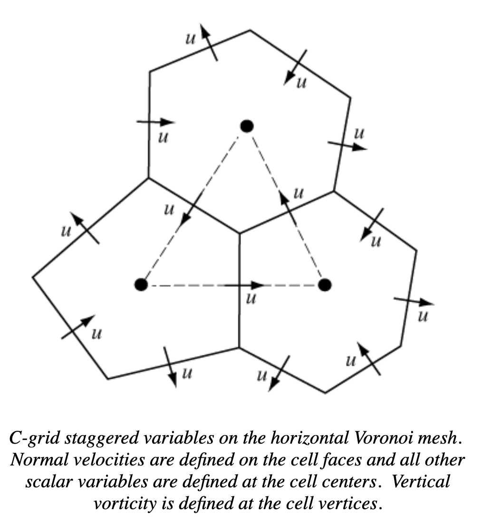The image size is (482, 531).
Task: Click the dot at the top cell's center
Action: click(247, 126)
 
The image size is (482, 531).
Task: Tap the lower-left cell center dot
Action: click(141, 285)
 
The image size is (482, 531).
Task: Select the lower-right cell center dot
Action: click(325, 285)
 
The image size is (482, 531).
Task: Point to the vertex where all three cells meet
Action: click(240, 233)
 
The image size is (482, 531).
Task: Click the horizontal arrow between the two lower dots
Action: click(244, 285)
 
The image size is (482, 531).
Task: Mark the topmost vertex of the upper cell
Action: click(250, 30)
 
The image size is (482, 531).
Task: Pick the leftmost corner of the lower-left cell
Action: click(33, 277)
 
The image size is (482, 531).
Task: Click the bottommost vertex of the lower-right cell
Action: click(325, 393)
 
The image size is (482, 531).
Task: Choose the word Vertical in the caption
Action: click(421, 481)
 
